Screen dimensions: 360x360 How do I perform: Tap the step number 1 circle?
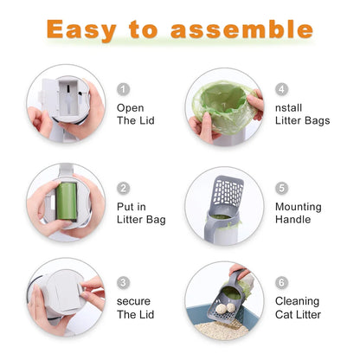click(x=123, y=89)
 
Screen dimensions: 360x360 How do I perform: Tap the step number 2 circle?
click(x=123, y=188)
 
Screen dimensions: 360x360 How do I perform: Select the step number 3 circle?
click(x=123, y=282)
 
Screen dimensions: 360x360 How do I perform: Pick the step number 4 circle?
click(x=281, y=89)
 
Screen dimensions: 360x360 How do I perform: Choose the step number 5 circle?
click(x=281, y=188)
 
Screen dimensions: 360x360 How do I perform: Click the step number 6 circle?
click(x=281, y=282)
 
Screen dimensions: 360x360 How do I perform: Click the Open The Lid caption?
click(x=135, y=114)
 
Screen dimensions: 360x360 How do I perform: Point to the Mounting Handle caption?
click(x=298, y=214)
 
